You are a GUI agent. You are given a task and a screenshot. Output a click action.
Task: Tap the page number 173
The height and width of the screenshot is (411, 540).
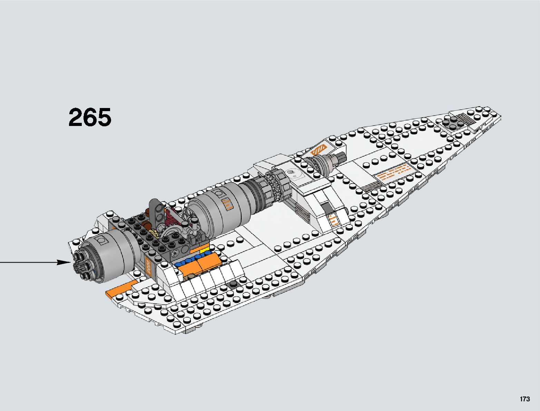(524, 399)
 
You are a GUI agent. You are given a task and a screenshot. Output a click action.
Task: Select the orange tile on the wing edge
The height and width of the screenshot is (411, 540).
(118, 289)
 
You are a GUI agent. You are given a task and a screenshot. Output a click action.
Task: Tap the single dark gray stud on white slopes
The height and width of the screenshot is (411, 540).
(234, 284)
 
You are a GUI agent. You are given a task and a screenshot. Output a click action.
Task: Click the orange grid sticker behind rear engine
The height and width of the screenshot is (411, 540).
(148, 266)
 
